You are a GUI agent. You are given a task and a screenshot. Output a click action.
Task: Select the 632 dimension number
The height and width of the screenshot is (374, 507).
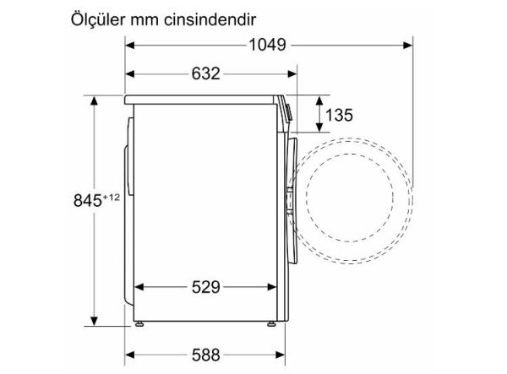tap(205, 73)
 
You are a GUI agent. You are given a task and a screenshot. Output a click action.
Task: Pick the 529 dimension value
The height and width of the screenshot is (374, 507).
tap(205, 287)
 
